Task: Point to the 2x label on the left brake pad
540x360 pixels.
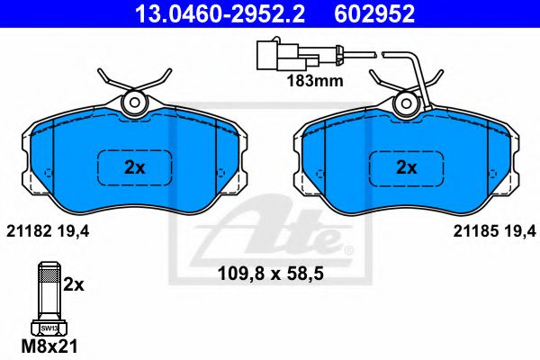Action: click(134, 166)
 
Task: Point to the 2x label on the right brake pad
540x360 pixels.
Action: click(407, 166)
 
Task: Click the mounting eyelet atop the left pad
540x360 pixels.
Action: click(134, 103)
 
